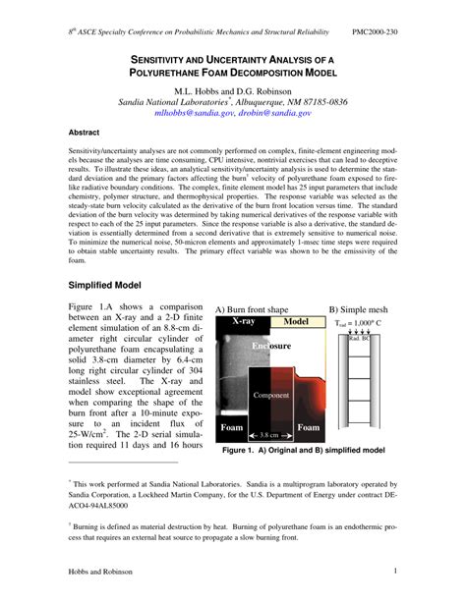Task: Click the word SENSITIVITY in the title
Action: pyautogui.click(x=168, y=60)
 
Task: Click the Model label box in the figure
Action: pyautogui.click(x=296, y=321)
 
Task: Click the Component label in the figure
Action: pyautogui.click(x=270, y=394)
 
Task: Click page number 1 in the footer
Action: pyautogui.click(x=394, y=572)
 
